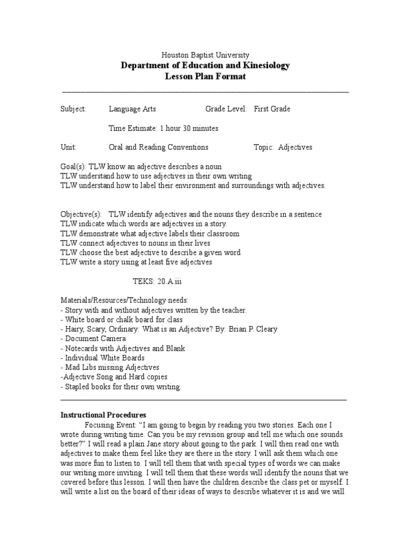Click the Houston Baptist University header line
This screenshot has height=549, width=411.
[205, 55]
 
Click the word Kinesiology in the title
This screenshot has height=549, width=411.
[264, 65]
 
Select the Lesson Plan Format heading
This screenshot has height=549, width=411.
[205, 77]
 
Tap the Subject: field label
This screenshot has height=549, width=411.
[73, 109]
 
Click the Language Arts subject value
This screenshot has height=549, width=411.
[132, 109]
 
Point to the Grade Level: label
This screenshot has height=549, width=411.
[226, 109]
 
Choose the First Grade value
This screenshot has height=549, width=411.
[272, 109]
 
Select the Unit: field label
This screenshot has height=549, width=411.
[68, 147]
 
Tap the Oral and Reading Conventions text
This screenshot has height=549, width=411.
[158, 147]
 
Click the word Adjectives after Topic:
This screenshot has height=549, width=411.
[295, 147]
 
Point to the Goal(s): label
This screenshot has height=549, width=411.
[73, 167]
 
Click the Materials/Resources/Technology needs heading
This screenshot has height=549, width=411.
[124, 300]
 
